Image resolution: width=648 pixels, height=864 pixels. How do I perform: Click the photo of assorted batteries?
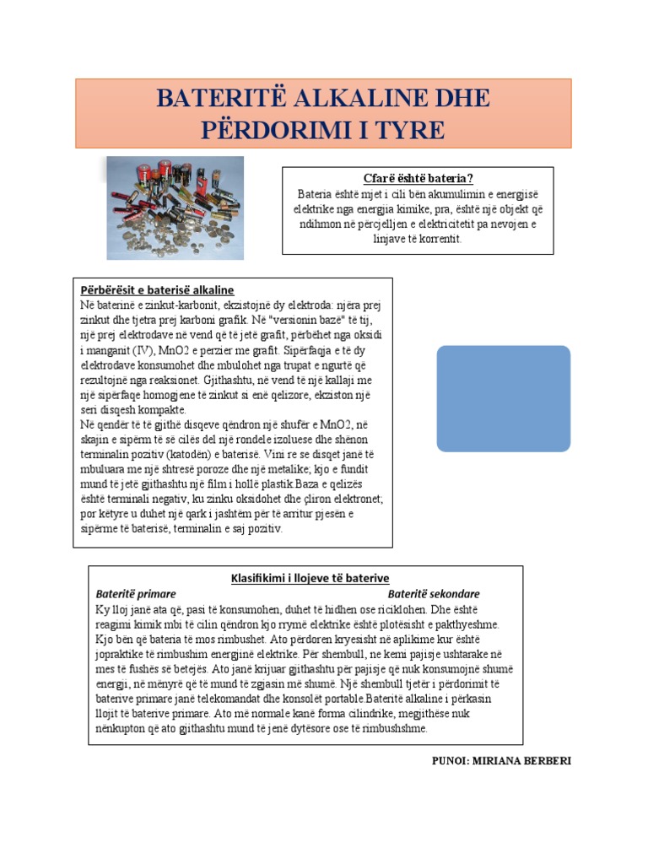point(175,208)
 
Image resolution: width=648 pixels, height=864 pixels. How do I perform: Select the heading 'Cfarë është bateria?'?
point(418,179)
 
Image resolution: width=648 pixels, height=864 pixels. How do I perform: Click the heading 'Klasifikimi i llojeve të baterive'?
point(310,578)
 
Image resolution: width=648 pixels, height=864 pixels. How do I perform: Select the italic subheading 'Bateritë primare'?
point(136,593)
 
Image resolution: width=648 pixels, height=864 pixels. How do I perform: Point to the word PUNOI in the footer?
point(450,760)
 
